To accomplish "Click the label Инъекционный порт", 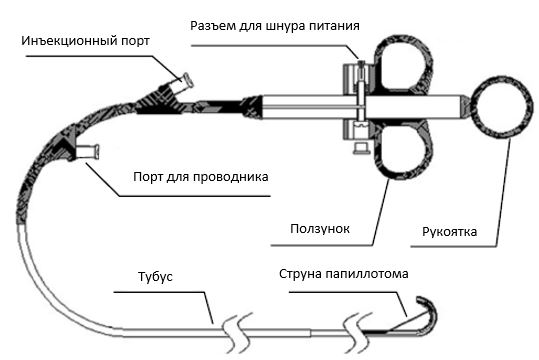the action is coord(85,41).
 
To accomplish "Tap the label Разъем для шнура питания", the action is coord(275,26).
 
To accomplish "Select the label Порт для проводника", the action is coord(201,177).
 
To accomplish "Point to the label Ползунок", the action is coord(320,229).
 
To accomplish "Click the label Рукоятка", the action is coord(449,231).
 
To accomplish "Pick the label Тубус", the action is coord(155,277).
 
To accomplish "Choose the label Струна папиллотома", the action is coord(344,274).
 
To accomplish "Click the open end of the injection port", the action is coord(189,81).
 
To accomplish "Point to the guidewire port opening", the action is coord(97,152).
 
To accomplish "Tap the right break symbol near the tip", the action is coord(358,333).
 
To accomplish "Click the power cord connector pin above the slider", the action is coord(361,67).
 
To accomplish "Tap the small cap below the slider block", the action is coord(361,148).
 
